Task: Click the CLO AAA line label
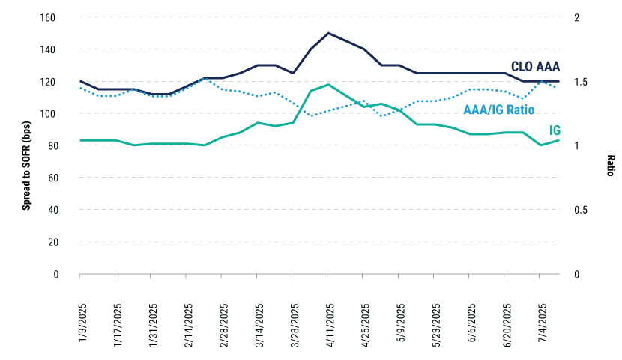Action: pyautogui.click(x=535, y=66)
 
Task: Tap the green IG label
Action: pyautogui.click(x=555, y=130)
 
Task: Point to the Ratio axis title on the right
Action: pyautogui.click(x=611, y=165)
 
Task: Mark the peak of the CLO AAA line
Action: pyautogui.click(x=328, y=33)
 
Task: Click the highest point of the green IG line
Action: pyautogui.click(x=328, y=85)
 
